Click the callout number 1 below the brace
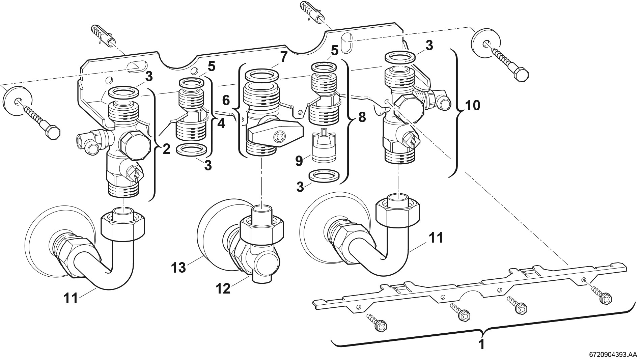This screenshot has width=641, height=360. (481, 344)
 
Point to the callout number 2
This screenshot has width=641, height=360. (166, 149)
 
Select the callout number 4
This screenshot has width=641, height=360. (221, 124)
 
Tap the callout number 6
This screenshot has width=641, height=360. (226, 100)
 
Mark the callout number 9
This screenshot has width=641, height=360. (299, 161)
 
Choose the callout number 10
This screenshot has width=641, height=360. (472, 106)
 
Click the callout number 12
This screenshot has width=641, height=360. (223, 288)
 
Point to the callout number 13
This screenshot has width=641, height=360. (178, 268)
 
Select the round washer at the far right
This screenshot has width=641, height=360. (485, 43)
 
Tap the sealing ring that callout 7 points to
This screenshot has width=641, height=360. (262, 75)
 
